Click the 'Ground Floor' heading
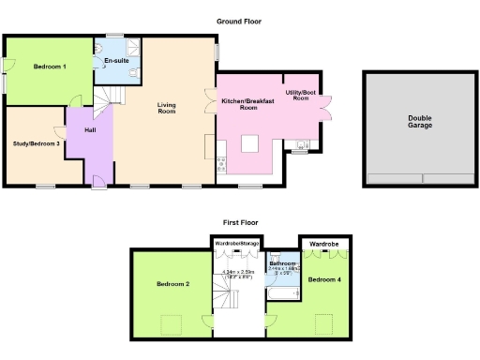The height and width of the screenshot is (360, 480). pos(239,21)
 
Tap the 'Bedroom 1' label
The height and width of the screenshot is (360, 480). pos(50,67)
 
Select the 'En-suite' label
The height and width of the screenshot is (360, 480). pos(116,61)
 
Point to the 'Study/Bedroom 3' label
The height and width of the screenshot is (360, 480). pos(37,143)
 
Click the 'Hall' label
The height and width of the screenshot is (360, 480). pos(90,130)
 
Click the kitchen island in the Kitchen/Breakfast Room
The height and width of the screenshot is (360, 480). pos(250,143)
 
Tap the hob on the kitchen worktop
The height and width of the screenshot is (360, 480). pos(221,166)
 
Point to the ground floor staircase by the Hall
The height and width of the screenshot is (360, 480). pos(111,94)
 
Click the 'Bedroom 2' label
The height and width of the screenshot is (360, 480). pos(173,283)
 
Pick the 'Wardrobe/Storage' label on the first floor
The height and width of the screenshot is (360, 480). pos(236,244)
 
